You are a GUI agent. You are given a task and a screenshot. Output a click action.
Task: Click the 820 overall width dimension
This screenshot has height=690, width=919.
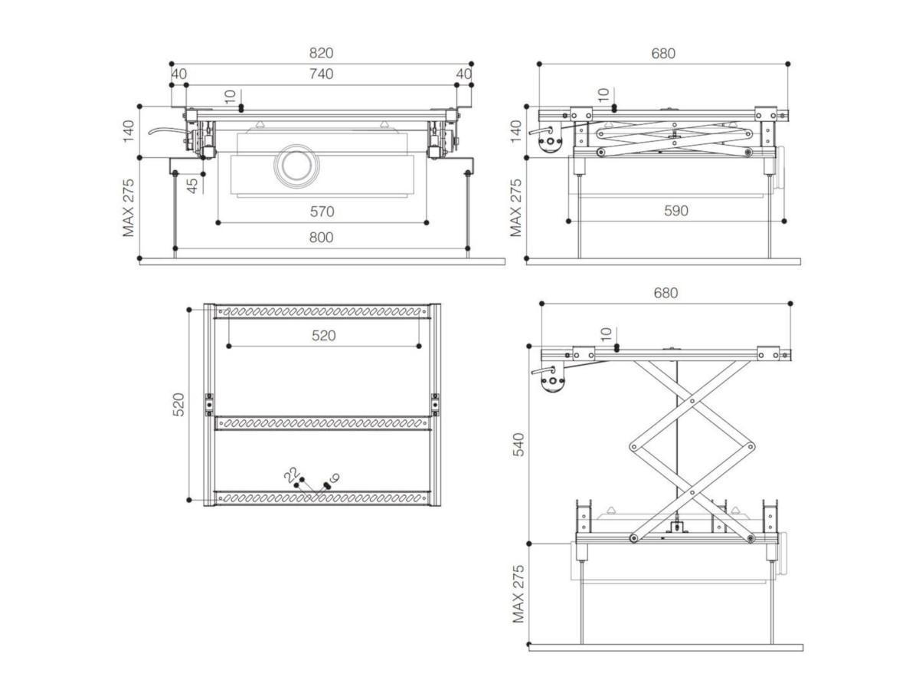point(322,54)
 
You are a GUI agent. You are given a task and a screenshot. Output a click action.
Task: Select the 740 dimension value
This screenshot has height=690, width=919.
point(322,74)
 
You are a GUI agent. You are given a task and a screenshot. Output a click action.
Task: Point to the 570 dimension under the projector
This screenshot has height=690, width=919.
point(322,212)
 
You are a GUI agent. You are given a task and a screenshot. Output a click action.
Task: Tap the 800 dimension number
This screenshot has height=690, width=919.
point(322,238)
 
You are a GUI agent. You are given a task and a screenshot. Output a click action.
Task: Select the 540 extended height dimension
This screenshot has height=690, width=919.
point(518,445)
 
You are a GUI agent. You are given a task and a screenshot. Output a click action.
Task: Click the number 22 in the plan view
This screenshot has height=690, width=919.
point(290,476)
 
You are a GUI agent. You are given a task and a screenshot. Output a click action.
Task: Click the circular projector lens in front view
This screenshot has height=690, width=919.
point(294,165)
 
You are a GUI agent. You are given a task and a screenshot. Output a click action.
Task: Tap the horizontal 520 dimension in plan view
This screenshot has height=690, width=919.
point(323,336)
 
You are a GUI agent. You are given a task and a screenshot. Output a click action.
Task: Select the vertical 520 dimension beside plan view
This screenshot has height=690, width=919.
point(178,404)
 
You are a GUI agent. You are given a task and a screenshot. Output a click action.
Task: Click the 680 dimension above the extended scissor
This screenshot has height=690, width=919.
point(666,294)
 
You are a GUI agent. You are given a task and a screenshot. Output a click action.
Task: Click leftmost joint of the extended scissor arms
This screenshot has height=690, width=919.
point(633,446)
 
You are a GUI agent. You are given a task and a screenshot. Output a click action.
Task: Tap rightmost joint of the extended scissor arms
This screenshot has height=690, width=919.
point(751,446)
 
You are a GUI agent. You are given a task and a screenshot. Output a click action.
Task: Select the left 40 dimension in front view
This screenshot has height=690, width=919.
point(178,74)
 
